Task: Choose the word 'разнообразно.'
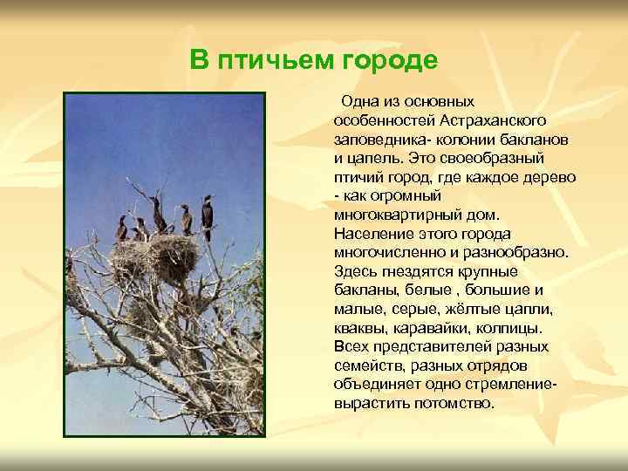(x=515, y=253)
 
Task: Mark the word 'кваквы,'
(x=358, y=329)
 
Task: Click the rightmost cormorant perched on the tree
(x=208, y=213)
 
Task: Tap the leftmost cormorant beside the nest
(x=122, y=229)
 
